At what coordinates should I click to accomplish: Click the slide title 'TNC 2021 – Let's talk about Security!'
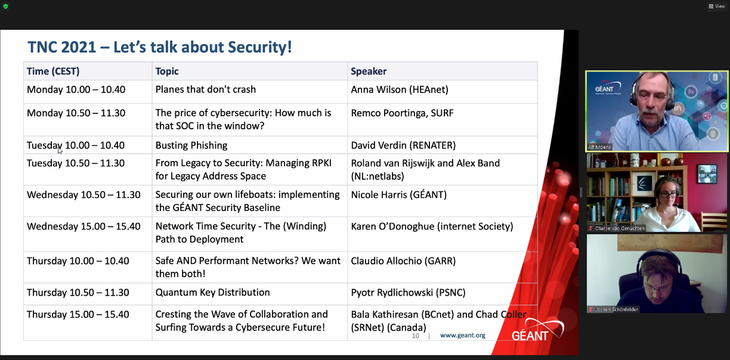160,47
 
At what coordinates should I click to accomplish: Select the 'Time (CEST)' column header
53,72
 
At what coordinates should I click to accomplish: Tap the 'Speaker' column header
369,72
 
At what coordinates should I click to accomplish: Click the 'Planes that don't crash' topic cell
206,89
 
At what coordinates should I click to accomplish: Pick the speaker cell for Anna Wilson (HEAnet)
400,89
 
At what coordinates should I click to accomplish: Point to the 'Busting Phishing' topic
191,145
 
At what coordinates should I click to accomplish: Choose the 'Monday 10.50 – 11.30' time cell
76,113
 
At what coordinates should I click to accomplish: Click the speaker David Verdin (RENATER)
403,145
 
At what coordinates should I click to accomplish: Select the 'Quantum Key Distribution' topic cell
212,292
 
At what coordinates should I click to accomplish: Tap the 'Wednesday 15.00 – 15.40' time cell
83,226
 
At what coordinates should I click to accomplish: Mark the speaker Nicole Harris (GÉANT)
398,194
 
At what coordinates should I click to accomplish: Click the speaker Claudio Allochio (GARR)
403,261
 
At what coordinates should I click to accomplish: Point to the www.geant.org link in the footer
463,335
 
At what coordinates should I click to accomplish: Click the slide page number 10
416,336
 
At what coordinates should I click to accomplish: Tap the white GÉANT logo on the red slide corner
538,330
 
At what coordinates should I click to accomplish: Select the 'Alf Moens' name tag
599,147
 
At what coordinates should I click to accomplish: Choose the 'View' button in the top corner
716,6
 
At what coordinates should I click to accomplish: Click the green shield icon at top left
5,6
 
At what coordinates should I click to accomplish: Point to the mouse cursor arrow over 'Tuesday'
60,150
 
